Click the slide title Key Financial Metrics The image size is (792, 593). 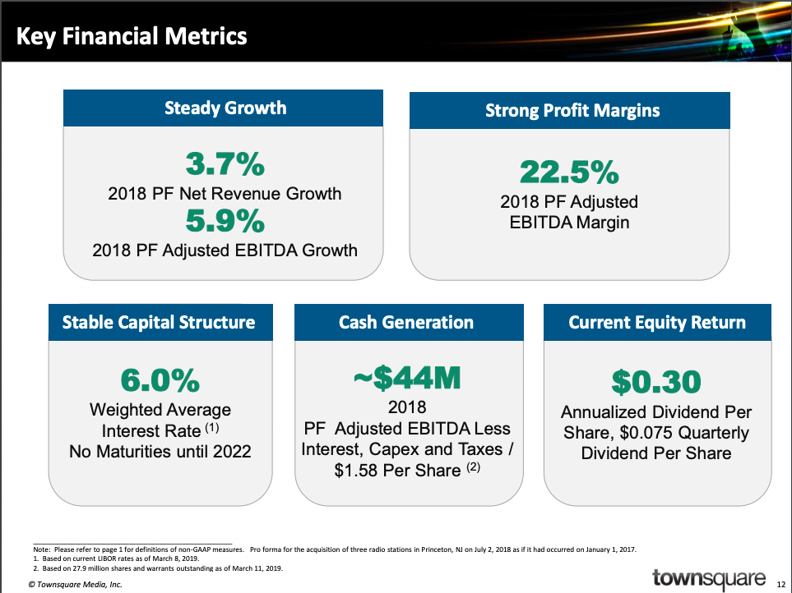click(132, 36)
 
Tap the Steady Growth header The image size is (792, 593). click(225, 108)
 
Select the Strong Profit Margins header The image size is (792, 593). click(572, 110)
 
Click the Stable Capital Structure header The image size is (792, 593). click(159, 322)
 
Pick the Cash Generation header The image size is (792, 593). click(406, 322)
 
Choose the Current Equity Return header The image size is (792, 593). click(656, 322)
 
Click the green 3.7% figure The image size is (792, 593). click(225, 164)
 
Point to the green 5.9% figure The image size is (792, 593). click(225, 221)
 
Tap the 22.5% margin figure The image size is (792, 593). click(569, 172)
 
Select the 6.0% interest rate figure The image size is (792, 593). click(160, 380)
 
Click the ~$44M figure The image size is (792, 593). click(407, 378)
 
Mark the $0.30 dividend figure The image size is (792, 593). click(656, 382)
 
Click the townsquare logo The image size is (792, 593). click(709, 578)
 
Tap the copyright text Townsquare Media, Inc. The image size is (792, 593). click(76, 585)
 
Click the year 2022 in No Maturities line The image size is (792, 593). click(232, 451)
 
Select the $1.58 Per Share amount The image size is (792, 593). click(397, 471)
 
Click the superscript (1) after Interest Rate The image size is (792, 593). click(211, 428)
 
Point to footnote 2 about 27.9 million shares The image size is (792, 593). click(158, 568)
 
